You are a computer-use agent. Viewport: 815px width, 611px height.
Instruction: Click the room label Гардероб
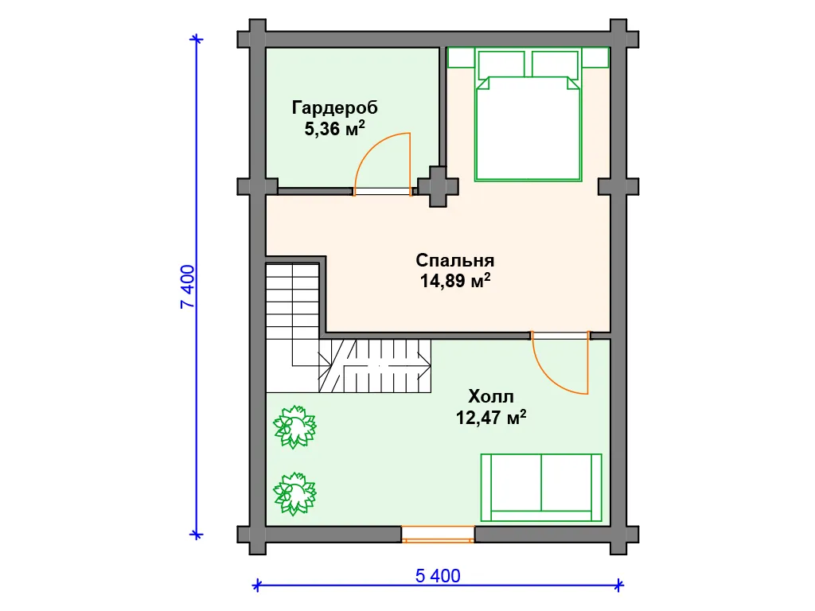point(335,107)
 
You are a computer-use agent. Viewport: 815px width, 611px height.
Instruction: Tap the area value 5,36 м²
point(335,128)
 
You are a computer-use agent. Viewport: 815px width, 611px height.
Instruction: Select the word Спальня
point(454,260)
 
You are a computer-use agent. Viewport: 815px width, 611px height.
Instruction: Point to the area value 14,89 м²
point(454,281)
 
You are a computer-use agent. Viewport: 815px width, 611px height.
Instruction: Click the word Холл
point(490,396)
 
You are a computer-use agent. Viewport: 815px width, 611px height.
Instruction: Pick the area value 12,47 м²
point(490,417)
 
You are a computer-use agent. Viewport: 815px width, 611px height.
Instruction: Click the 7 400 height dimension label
point(188,286)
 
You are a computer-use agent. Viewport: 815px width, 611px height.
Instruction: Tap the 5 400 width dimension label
point(438,576)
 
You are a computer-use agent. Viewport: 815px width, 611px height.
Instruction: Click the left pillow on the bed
point(501,64)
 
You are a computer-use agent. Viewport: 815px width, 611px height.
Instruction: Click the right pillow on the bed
point(555,64)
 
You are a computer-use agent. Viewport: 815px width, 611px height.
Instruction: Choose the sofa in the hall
point(541,488)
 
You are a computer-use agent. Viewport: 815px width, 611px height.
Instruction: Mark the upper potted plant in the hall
point(294,426)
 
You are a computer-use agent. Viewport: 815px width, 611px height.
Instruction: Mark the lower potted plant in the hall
point(294,493)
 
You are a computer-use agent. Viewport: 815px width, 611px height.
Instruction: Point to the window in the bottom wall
point(438,534)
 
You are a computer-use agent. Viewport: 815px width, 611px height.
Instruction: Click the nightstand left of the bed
point(461,57)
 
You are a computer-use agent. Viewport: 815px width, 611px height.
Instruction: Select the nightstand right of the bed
point(595,57)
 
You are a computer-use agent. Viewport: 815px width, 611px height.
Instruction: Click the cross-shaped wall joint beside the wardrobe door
point(439,186)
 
